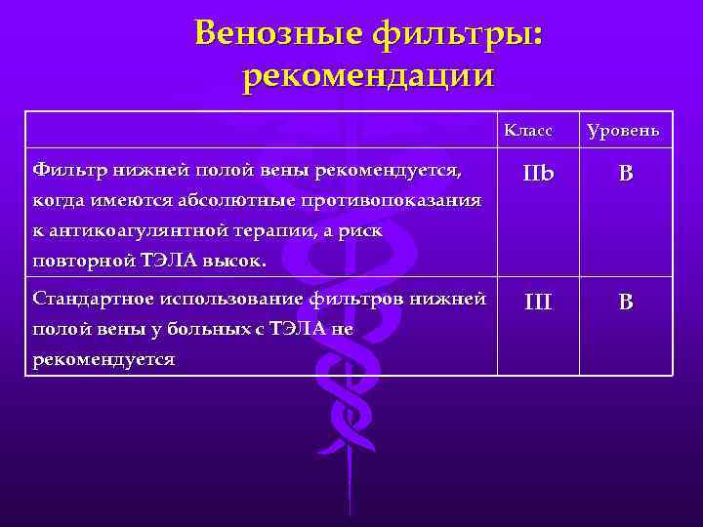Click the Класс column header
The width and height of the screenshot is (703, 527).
tap(527, 130)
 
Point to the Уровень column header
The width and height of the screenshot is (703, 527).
tap(622, 130)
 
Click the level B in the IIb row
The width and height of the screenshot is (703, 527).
tap(625, 176)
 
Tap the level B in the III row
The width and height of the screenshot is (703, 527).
tap(625, 303)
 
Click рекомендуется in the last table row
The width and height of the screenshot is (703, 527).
tap(103, 360)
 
